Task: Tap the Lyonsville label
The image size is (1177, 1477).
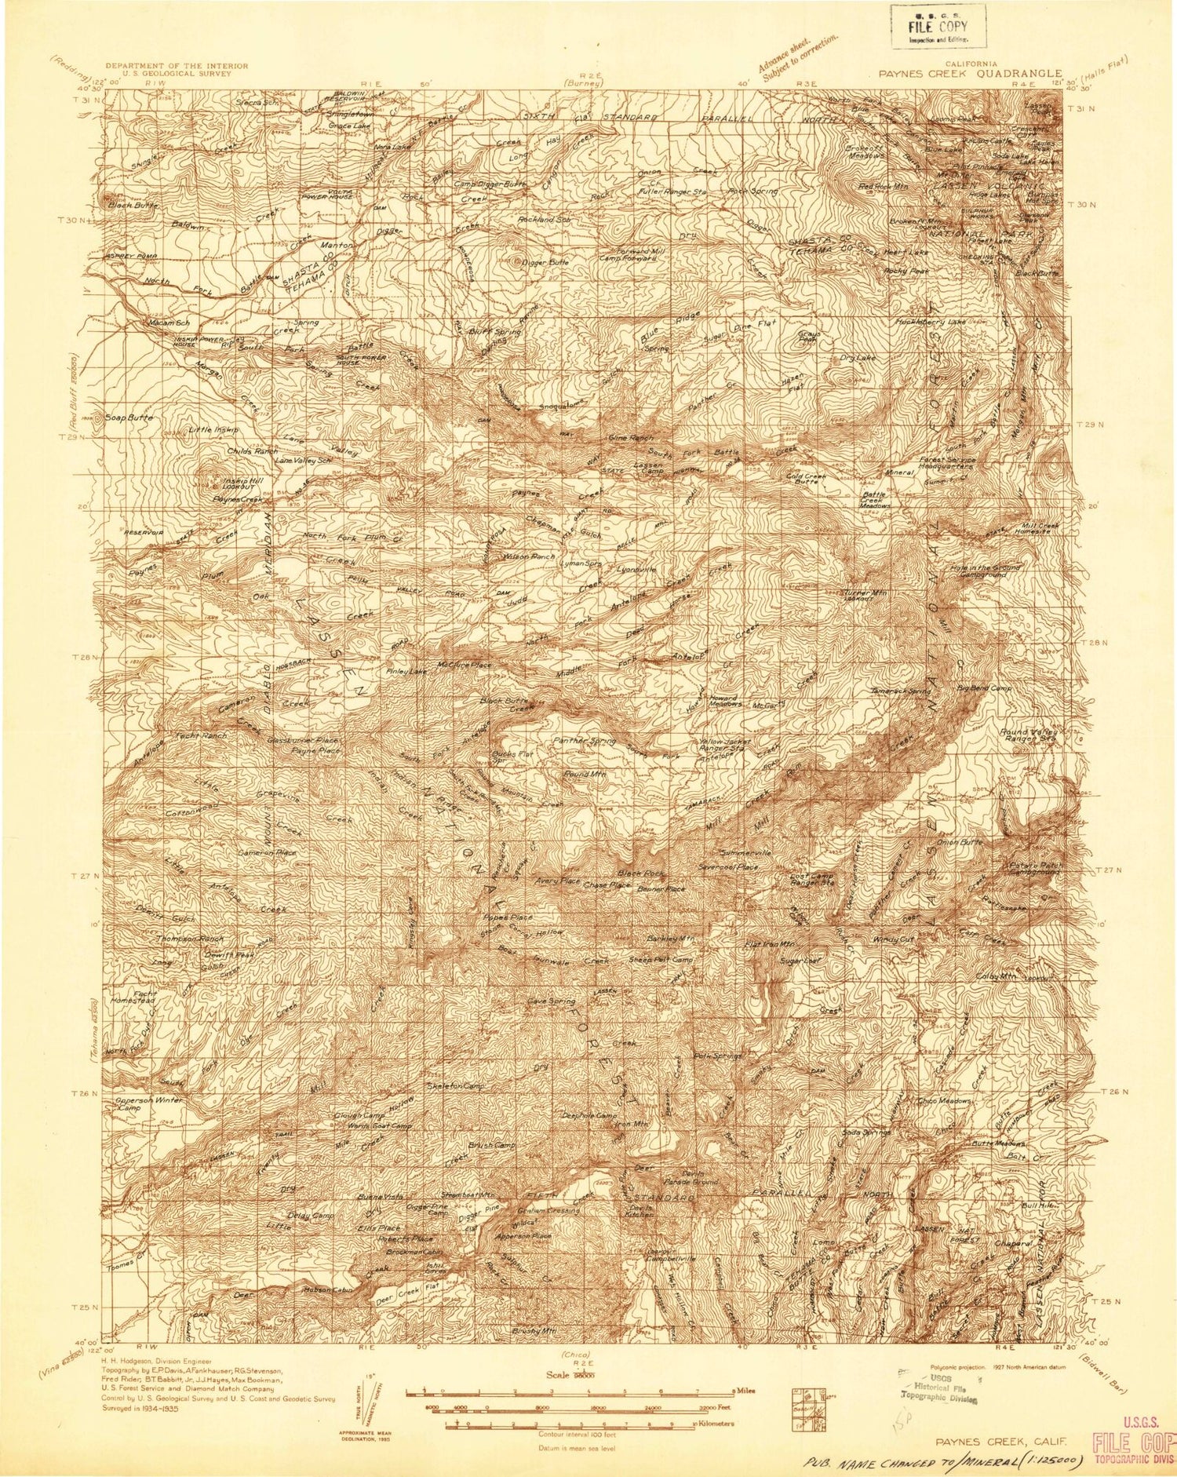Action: tap(636, 568)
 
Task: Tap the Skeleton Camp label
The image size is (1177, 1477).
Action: tap(455, 1085)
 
